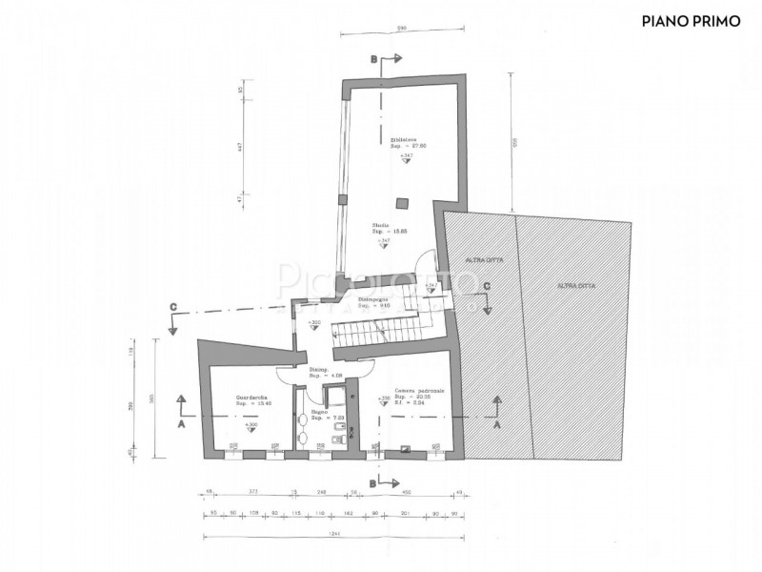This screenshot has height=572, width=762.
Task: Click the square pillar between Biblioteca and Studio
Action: click(x=403, y=201)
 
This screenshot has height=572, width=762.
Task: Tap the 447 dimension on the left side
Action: click(x=241, y=150)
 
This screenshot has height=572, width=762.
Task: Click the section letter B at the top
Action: click(x=373, y=58)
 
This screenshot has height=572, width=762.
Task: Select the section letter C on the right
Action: click(x=486, y=286)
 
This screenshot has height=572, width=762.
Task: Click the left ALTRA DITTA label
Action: click(x=476, y=260)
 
